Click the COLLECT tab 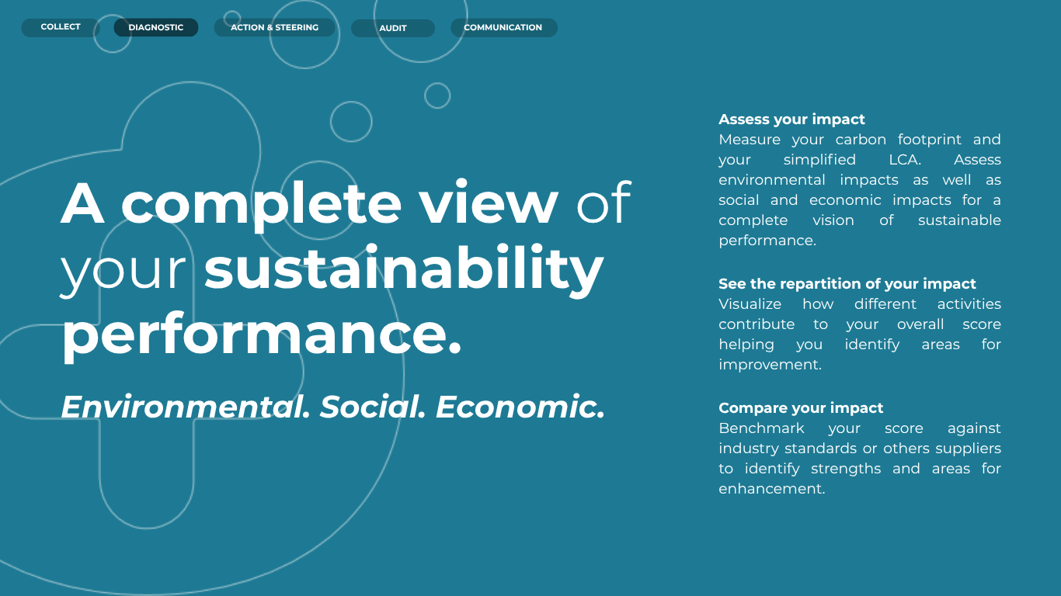(x=60, y=27)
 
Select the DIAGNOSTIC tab (x=156, y=27)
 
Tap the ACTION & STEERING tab (x=274, y=27)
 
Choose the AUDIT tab (x=393, y=28)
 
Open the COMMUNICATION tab (x=503, y=27)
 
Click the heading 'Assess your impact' (x=791, y=120)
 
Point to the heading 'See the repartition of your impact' (x=847, y=283)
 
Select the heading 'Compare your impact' (x=801, y=407)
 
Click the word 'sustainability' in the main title (x=404, y=269)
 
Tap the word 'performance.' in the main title (x=262, y=335)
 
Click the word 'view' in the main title (x=489, y=203)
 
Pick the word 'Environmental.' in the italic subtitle (x=185, y=407)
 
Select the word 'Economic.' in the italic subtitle (x=520, y=407)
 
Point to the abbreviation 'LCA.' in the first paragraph (x=905, y=160)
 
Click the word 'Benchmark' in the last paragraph (x=761, y=428)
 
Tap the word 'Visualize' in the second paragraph (x=750, y=304)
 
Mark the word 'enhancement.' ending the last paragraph (x=771, y=489)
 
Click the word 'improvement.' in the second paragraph (x=770, y=365)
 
